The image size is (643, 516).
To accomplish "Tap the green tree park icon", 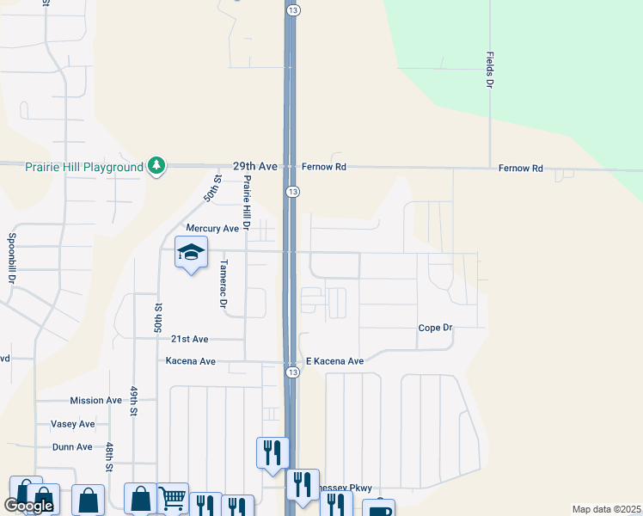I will point(156,165).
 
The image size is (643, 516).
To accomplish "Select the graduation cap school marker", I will point(191,254).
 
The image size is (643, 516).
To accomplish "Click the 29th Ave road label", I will point(255,167).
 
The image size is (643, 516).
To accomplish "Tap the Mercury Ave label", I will point(212,229).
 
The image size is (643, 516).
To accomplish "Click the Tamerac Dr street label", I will point(222,284).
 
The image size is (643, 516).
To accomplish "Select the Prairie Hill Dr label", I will point(246,204).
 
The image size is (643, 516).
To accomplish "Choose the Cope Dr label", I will point(435,328).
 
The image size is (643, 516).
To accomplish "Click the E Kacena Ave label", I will point(335,361).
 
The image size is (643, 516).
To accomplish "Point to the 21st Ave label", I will point(189,340).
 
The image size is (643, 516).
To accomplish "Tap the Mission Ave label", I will point(96,400).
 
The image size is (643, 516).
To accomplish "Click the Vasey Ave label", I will point(73,424).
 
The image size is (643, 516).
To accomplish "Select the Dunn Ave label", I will point(72,447).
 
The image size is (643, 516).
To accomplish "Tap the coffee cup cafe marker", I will point(378,509).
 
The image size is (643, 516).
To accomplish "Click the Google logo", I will point(28,506).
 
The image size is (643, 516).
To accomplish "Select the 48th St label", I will point(110,458).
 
